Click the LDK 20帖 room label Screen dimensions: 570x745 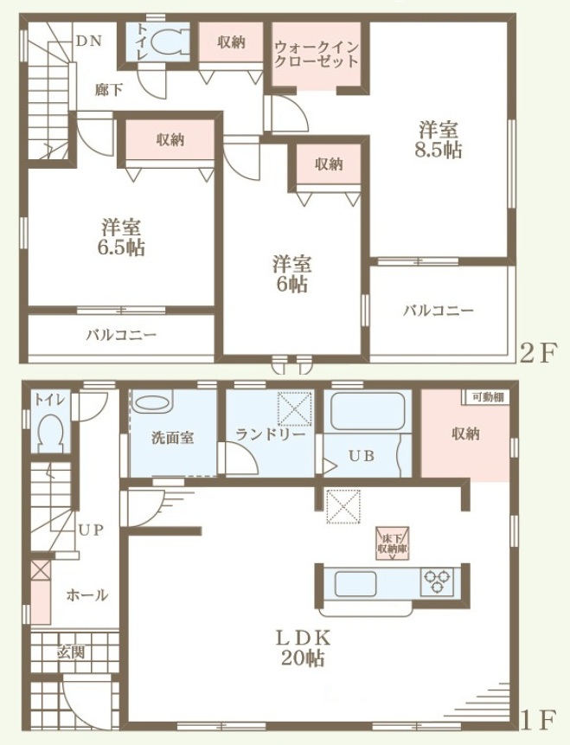pyautogui.click(x=303, y=649)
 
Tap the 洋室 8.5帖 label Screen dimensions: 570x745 pyautogui.click(x=438, y=139)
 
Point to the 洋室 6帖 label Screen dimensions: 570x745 pyautogui.click(x=291, y=274)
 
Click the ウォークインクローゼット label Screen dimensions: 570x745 pyautogui.click(x=316, y=55)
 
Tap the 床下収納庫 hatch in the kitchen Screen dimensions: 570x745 pyautogui.click(x=393, y=543)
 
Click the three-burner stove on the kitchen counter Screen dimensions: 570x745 pyautogui.click(x=437, y=581)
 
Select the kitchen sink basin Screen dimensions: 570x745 pyautogui.click(x=355, y=584)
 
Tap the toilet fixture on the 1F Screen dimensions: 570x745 pyautogui.click(x=50, y=434)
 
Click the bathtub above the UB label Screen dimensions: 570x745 pyautogui.click(x=368, y=411)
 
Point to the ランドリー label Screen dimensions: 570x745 pyautogui.click(x=270, y=434)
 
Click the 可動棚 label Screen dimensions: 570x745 pyautogui.click(x=488, y=397)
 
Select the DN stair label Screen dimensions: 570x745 pyautogui.click(x=89, y=41)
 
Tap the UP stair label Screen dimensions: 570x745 pyautogui.click(x=91, y=530)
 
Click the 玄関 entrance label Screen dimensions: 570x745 pyautogui.click(x=71, y=652)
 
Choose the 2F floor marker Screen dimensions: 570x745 pyautogui.click(x=538, y=353)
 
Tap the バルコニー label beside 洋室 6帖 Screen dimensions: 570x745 pyautogui.click(x=439, y=311)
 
